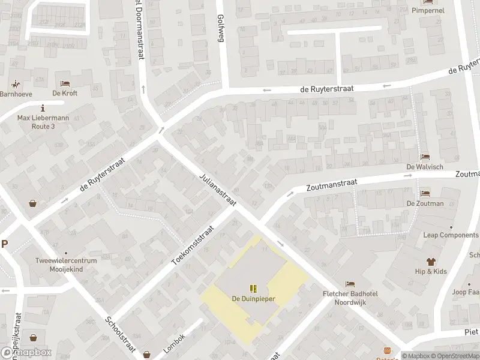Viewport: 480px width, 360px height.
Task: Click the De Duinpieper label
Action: tap(253, 299)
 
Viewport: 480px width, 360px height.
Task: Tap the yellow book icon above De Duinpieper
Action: tap(253, 289)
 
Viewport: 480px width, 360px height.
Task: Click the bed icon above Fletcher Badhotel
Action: tap(350, 284)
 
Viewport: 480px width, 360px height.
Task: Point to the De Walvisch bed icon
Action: tap(425, 157)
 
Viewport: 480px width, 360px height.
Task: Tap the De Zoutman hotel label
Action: tap(425, 203)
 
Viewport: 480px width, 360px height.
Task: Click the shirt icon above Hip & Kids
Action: tap(431, 262)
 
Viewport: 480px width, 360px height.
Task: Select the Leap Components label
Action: tap(451, 235)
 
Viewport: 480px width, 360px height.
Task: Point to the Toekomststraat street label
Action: tap(193, 246)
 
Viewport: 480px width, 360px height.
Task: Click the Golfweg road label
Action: tap(221, 28)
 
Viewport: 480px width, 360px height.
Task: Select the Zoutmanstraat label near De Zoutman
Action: tap(332, 182)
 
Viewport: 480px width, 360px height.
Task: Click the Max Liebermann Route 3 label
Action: tap(43, 122)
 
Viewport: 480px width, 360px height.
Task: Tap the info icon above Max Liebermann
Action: tap(43, 108)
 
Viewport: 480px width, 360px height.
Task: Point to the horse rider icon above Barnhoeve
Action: tap(15, 85)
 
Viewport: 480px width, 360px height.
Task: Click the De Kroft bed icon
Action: tap(65, 83)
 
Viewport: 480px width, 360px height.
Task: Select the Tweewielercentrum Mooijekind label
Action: tap(66, 266)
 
